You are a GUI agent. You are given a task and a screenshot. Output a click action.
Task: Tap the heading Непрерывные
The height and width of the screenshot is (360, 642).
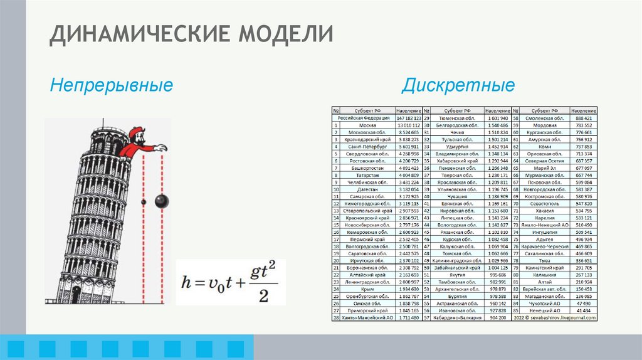click(112, 84)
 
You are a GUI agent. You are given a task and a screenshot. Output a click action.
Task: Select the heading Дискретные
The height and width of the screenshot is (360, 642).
click(458, 85)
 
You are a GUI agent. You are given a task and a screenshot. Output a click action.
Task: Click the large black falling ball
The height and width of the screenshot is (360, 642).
click(160, 201)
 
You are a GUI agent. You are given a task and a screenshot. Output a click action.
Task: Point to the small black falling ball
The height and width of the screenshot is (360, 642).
click(143, 202)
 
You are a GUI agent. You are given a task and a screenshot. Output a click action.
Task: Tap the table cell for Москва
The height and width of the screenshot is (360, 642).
click(364, 125)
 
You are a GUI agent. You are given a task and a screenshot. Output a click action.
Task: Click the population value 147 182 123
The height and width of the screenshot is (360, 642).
click(409, 117)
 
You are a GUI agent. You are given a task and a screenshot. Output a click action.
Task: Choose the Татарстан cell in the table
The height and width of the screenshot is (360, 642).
click(364, 176)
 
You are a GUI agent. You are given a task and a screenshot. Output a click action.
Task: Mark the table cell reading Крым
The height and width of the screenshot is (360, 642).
click(364, 289)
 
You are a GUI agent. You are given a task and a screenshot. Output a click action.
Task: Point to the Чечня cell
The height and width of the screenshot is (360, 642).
click(453, 132)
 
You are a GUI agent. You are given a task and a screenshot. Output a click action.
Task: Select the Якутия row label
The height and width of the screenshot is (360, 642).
click(453, 274)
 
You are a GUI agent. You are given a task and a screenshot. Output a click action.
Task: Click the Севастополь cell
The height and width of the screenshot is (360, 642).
click(543, 204)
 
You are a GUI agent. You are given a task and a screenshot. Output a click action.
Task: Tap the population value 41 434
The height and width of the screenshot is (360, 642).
click(584, 310)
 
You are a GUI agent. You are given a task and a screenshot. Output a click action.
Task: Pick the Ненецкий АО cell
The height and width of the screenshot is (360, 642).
click(543, 310)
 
